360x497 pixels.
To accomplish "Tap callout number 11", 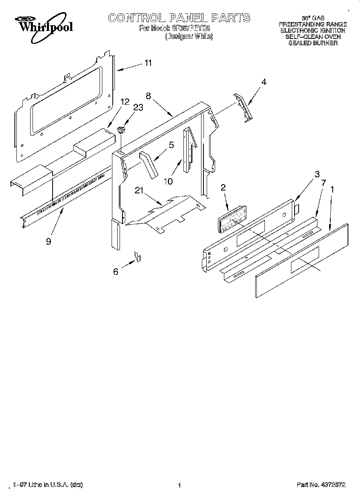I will coord(148,63).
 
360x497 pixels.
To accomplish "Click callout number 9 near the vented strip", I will coord(49,242).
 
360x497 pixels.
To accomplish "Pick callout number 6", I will coord(116,272).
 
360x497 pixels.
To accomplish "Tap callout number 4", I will coord(264,82).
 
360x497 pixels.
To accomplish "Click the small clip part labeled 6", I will coord(137,256).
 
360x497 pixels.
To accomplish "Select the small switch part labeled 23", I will coord(121,129).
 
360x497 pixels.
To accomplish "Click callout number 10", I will coord(168,181).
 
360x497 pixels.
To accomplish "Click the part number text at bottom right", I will coord(321,485).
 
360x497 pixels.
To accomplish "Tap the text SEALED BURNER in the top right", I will coord(313,43).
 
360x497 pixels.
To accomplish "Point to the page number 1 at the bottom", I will coord(179,485).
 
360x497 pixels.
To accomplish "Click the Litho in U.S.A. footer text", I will coord(48,485).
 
